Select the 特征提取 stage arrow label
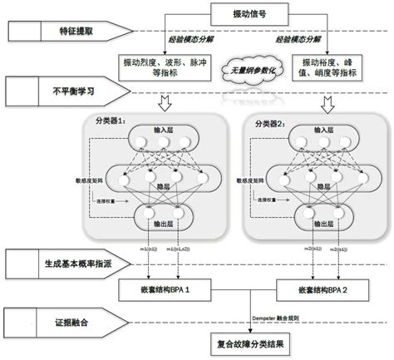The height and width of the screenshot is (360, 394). point(67,32)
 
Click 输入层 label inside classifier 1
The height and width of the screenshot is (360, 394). point(163,131)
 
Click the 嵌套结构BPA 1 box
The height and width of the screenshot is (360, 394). point(164,291)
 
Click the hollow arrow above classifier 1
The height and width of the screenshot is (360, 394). point(162,101)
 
